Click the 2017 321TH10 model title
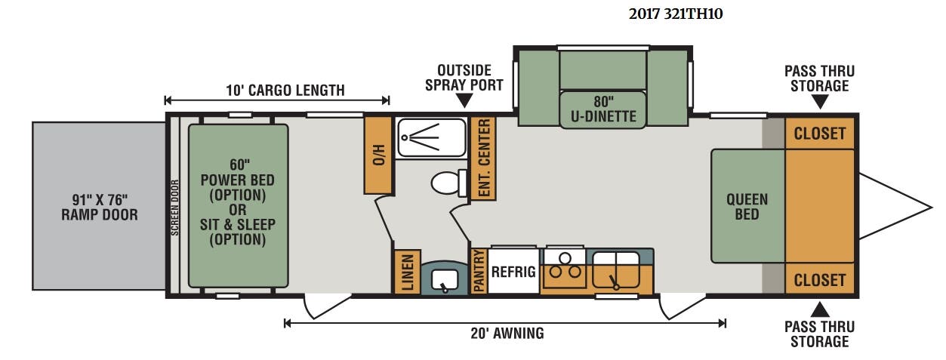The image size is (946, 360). click(x=675, y=14)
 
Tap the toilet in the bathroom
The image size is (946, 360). click(x=448, y=183)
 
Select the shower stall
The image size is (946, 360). click(x=432, y=138)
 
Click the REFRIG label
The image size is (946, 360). click(x=513, y=272)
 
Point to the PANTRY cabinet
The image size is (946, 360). click(x=479, y=270)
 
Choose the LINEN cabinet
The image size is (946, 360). click(x=408, y=272)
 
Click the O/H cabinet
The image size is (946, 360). click(x=378, y=155)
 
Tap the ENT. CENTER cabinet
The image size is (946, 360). click(x=483, y=158)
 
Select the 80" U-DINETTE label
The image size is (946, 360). click(x=603, y=109)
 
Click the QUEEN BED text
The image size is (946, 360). click(x=747, y=207)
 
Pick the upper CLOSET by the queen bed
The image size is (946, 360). click(x=820, y=134)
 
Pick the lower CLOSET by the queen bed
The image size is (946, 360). click(x=820, y=279)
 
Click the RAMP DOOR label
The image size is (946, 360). click(x=100, y=215)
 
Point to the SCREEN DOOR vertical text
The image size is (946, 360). click(x=175, y=208)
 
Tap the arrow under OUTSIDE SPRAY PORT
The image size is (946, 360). click(x=464, y=100)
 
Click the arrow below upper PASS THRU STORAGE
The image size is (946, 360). click(x=820, y=102)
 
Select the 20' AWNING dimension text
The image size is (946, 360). click(x=507, y=334)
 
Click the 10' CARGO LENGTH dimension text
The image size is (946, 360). click(x=285, y=91)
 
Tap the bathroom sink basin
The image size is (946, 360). click(x=445, y=279)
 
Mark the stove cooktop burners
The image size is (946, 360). click(x=565, y=267)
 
